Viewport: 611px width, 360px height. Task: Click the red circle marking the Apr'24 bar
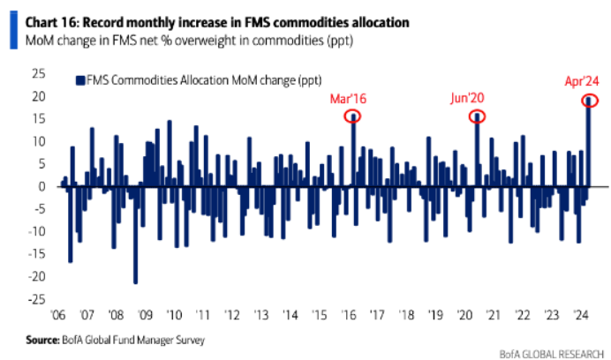589,100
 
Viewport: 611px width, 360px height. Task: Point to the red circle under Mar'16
353,116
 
